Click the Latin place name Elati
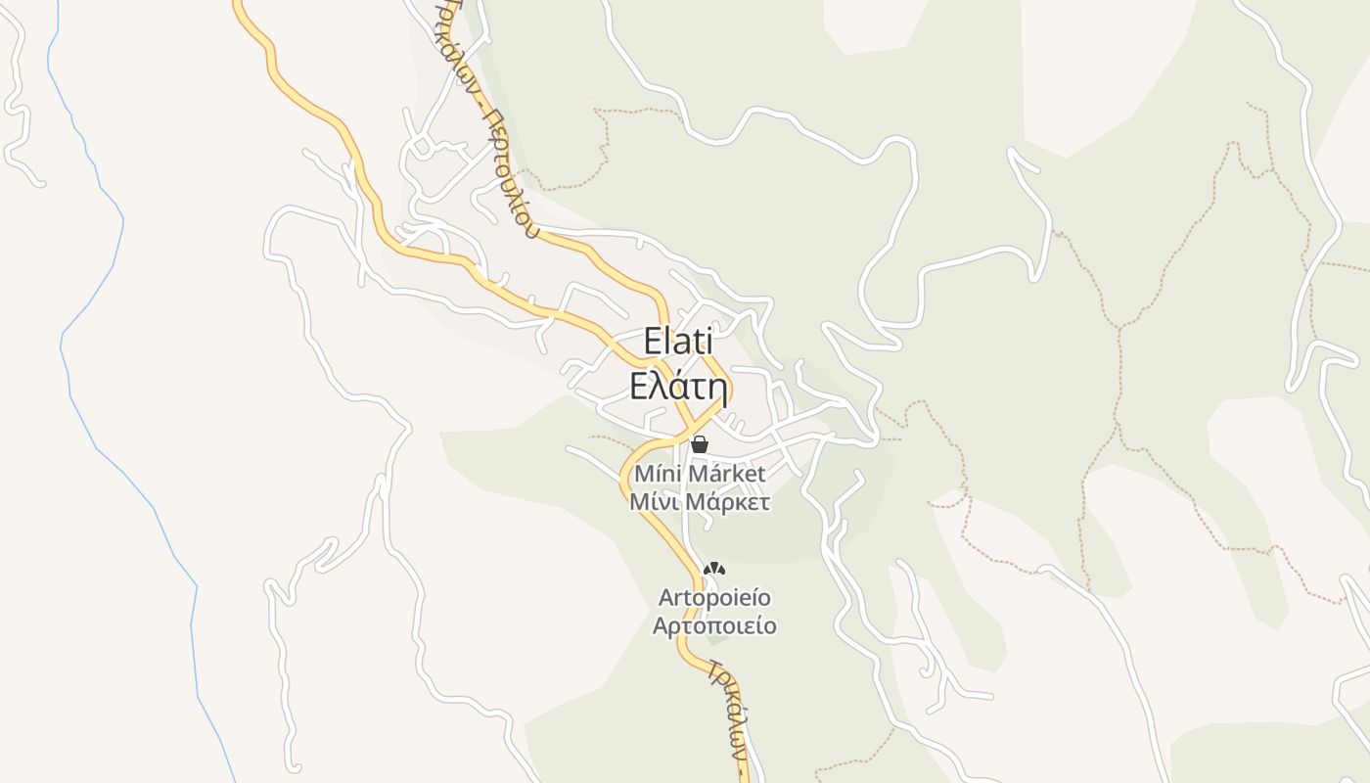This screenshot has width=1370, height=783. [678, 342]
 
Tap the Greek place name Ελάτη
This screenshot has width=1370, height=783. [678, 388]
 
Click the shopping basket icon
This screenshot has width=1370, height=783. [700, 444]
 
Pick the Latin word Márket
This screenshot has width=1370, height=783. [725, 474]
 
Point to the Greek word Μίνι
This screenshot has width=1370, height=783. [654, 502]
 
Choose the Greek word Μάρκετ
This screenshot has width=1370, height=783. [727, 502]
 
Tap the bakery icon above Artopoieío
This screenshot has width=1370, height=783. [715, 569]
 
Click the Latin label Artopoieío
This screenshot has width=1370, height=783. [714, 597]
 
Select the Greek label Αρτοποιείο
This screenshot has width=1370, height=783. [714, 625]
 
